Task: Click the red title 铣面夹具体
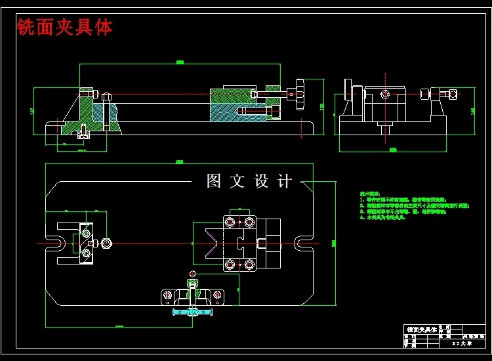click(x=65, y=27)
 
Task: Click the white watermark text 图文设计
click(x=249, y=181)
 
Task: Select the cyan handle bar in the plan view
click(x=193, y=312)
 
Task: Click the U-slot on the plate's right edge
click(x=303, y=244)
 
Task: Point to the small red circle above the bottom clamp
click(x=192, y=273)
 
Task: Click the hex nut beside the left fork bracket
click(x=107, y=244)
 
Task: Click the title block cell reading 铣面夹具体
click(x=421, y=329)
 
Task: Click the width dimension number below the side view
click(x=393, y=150)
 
